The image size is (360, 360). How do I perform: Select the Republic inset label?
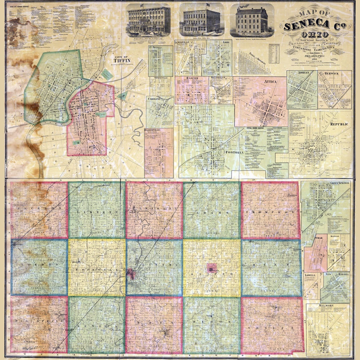click(x=339, y=124)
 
